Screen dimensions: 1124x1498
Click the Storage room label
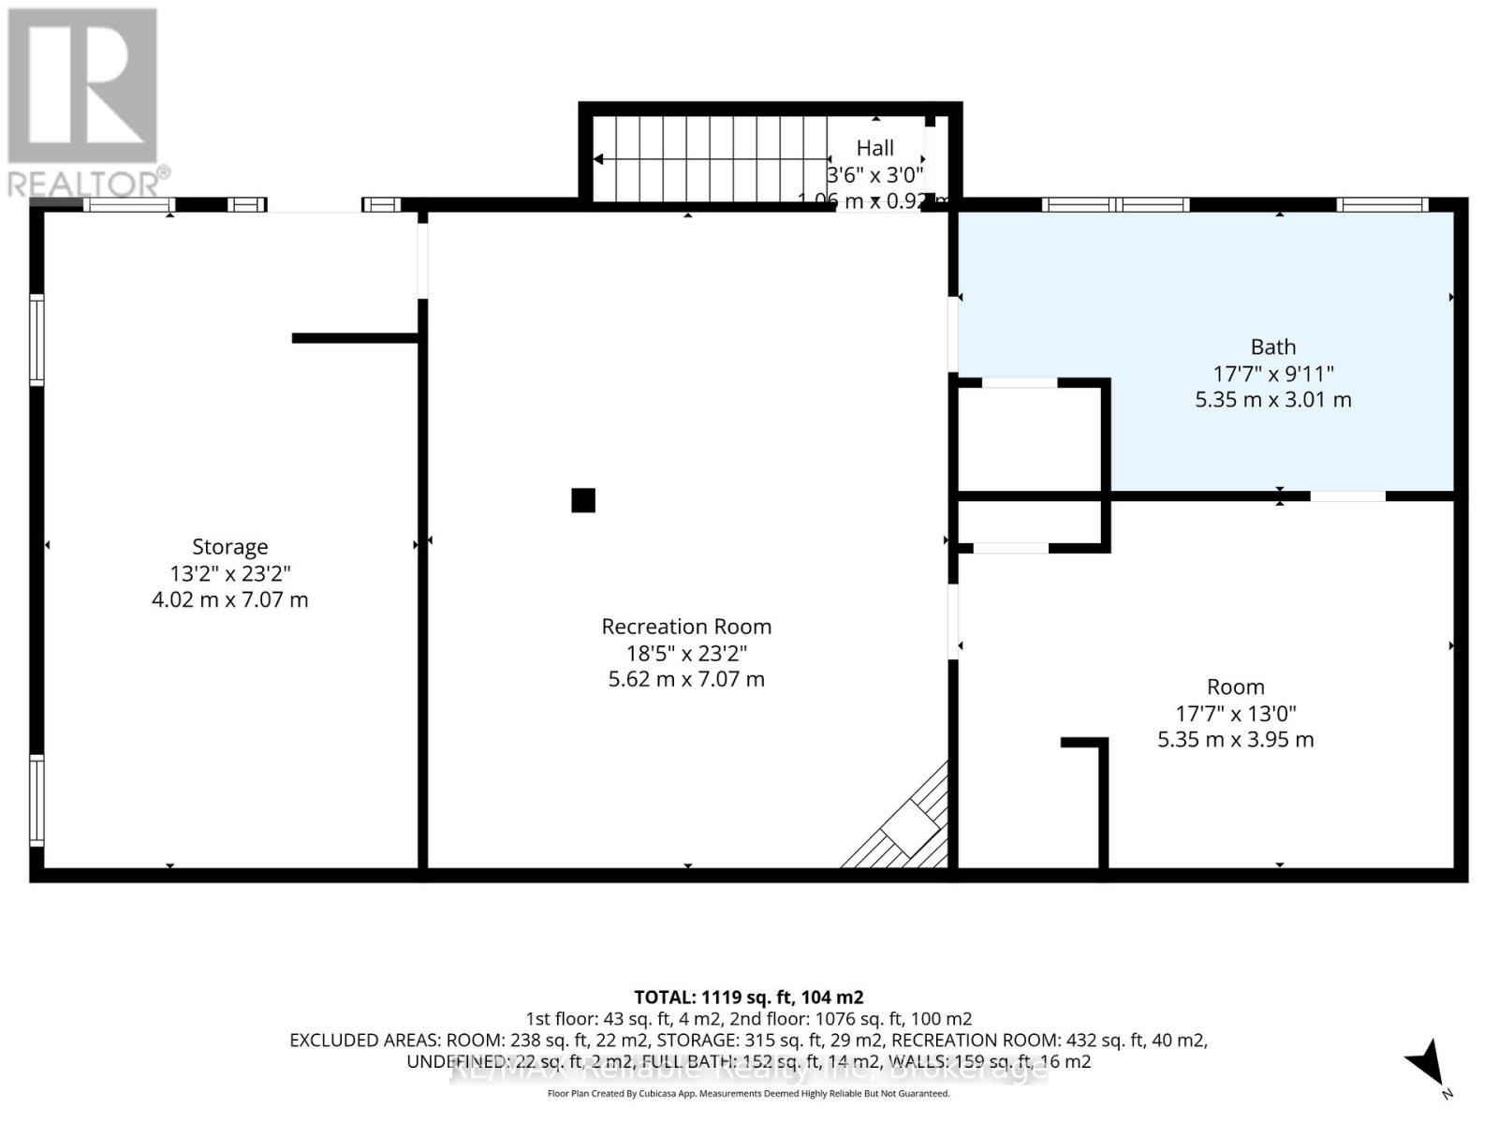pyautogui.click(x=229, y=547)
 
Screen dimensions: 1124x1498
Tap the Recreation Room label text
pyautogui.click(x=686, y=627)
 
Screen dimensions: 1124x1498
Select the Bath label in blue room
pyautogui.click(x=1273, y=347)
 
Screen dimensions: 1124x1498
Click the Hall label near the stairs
pyautogui.click(x=874, y=148)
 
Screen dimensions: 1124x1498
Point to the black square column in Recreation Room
pyautogui.click(x=583, y=500)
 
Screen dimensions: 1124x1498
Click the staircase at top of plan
pyautogui.click(x=712, y=159)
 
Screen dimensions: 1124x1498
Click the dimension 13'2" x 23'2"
pyautogui.click(x=229, y=573)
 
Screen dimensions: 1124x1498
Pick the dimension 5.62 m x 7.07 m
pyautogui.click(x=686, y=679)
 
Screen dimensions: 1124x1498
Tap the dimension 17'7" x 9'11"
pyautogui.click(x=1273, y=373)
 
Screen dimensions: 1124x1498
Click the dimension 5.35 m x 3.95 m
pyautogui.click(x=1236, y=740)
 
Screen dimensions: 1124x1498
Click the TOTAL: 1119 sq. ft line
pyautogui.click(x=748, y=998)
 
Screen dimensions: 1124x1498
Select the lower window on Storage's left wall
pyautogui.click(x=37, y=800)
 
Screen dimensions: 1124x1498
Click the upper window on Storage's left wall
pyautogui.click(x=37, y=339)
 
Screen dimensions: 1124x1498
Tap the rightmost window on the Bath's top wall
pyautogui.click(x=1381, y=204)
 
